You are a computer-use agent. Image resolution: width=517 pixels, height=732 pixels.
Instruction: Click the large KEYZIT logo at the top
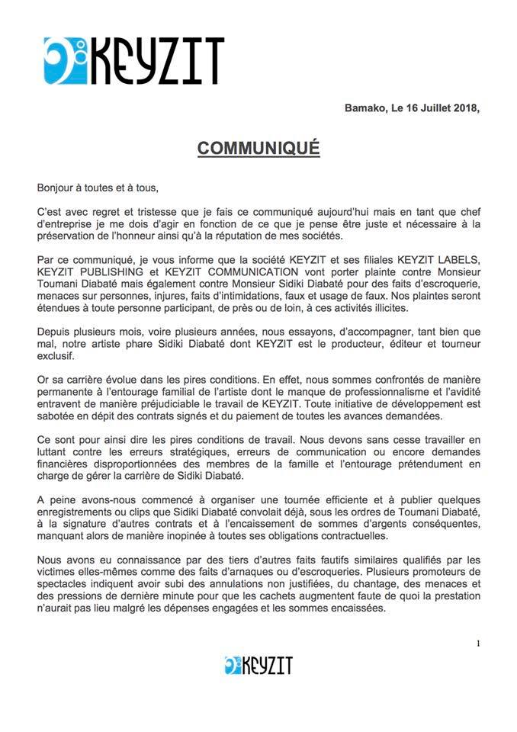(x=133, y=60)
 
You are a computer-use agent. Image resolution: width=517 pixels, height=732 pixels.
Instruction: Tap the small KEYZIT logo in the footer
(x=258, y=665)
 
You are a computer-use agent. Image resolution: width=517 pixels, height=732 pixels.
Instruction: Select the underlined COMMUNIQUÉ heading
(x=258, y=147)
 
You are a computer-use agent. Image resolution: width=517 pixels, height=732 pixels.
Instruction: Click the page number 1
(x=478, y=642)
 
